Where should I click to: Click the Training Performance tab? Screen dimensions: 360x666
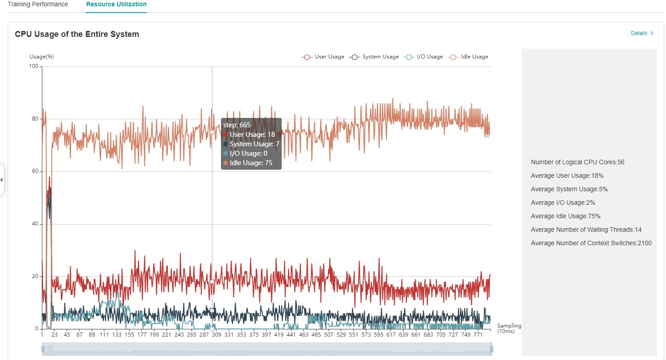38,4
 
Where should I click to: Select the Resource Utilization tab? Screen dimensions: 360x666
116,4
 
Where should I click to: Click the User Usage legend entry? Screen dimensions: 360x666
323,57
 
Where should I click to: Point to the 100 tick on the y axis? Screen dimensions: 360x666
34,67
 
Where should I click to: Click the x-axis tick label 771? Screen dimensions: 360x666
479,335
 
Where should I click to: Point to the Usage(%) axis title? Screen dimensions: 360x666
42,57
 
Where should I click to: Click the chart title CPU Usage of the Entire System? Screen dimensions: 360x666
77,34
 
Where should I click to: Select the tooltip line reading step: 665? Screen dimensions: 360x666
237,125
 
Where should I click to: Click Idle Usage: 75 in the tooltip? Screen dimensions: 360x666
251,163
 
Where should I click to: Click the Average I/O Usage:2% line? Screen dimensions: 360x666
569,202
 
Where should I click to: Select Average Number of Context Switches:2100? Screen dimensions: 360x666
591,243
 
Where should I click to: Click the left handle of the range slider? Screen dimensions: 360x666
43,349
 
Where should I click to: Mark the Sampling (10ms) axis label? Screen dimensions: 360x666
509,328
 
